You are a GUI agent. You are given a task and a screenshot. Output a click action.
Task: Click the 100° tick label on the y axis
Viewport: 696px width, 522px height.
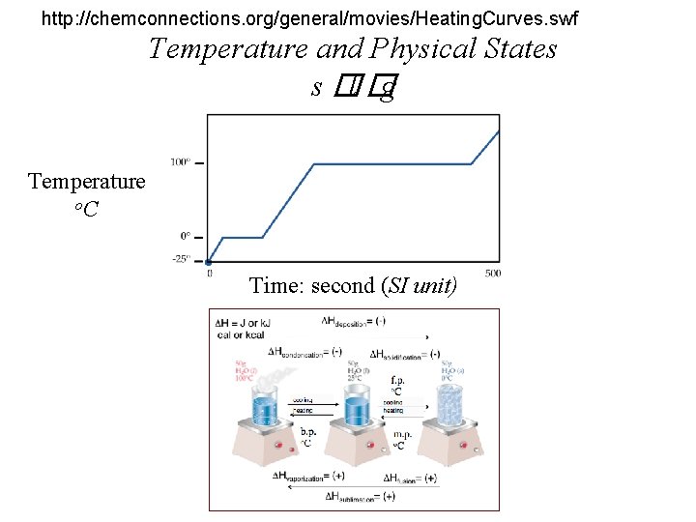tap(180, 161)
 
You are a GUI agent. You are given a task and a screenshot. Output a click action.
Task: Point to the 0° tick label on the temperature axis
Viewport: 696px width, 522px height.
tap(184, 235)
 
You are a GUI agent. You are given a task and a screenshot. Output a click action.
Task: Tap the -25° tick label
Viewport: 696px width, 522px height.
tap(180, 258)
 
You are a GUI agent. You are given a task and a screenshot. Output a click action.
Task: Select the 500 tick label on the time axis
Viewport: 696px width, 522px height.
tap(492, 274)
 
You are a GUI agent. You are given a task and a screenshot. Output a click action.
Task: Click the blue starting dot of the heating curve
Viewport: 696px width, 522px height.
tap(208, 262)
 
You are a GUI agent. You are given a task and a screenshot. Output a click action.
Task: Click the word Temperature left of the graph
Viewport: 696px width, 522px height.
tap(86, 181)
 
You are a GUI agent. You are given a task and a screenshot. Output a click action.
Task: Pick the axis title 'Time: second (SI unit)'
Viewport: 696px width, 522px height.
tap(353, 285)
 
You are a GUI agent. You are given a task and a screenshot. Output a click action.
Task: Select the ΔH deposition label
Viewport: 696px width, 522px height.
tap(354, 321)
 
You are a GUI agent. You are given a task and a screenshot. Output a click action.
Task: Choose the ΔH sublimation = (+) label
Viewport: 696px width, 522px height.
tap(361, 496)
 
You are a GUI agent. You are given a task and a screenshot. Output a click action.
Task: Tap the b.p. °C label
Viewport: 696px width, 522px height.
tap(309, 437)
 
